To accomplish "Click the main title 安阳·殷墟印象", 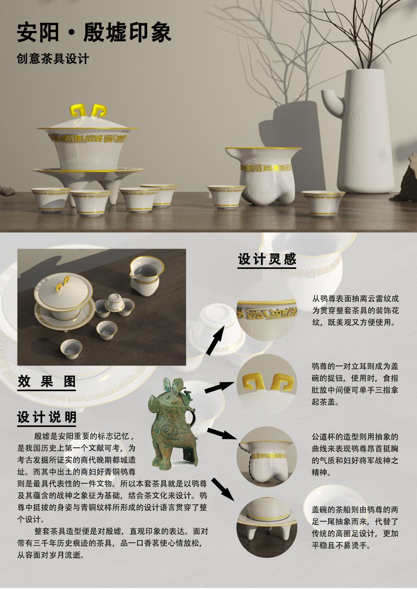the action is (94, 33).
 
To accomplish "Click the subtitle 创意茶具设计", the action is (53, 59).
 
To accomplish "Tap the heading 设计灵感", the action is (267, 259).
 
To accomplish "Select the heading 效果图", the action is (46, 382).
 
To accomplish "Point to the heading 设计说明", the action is (46, 417).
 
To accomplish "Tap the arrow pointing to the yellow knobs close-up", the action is (220, 388).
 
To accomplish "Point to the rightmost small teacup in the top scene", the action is (323, 204).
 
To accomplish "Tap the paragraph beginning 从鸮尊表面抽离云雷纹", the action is (356, 311).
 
